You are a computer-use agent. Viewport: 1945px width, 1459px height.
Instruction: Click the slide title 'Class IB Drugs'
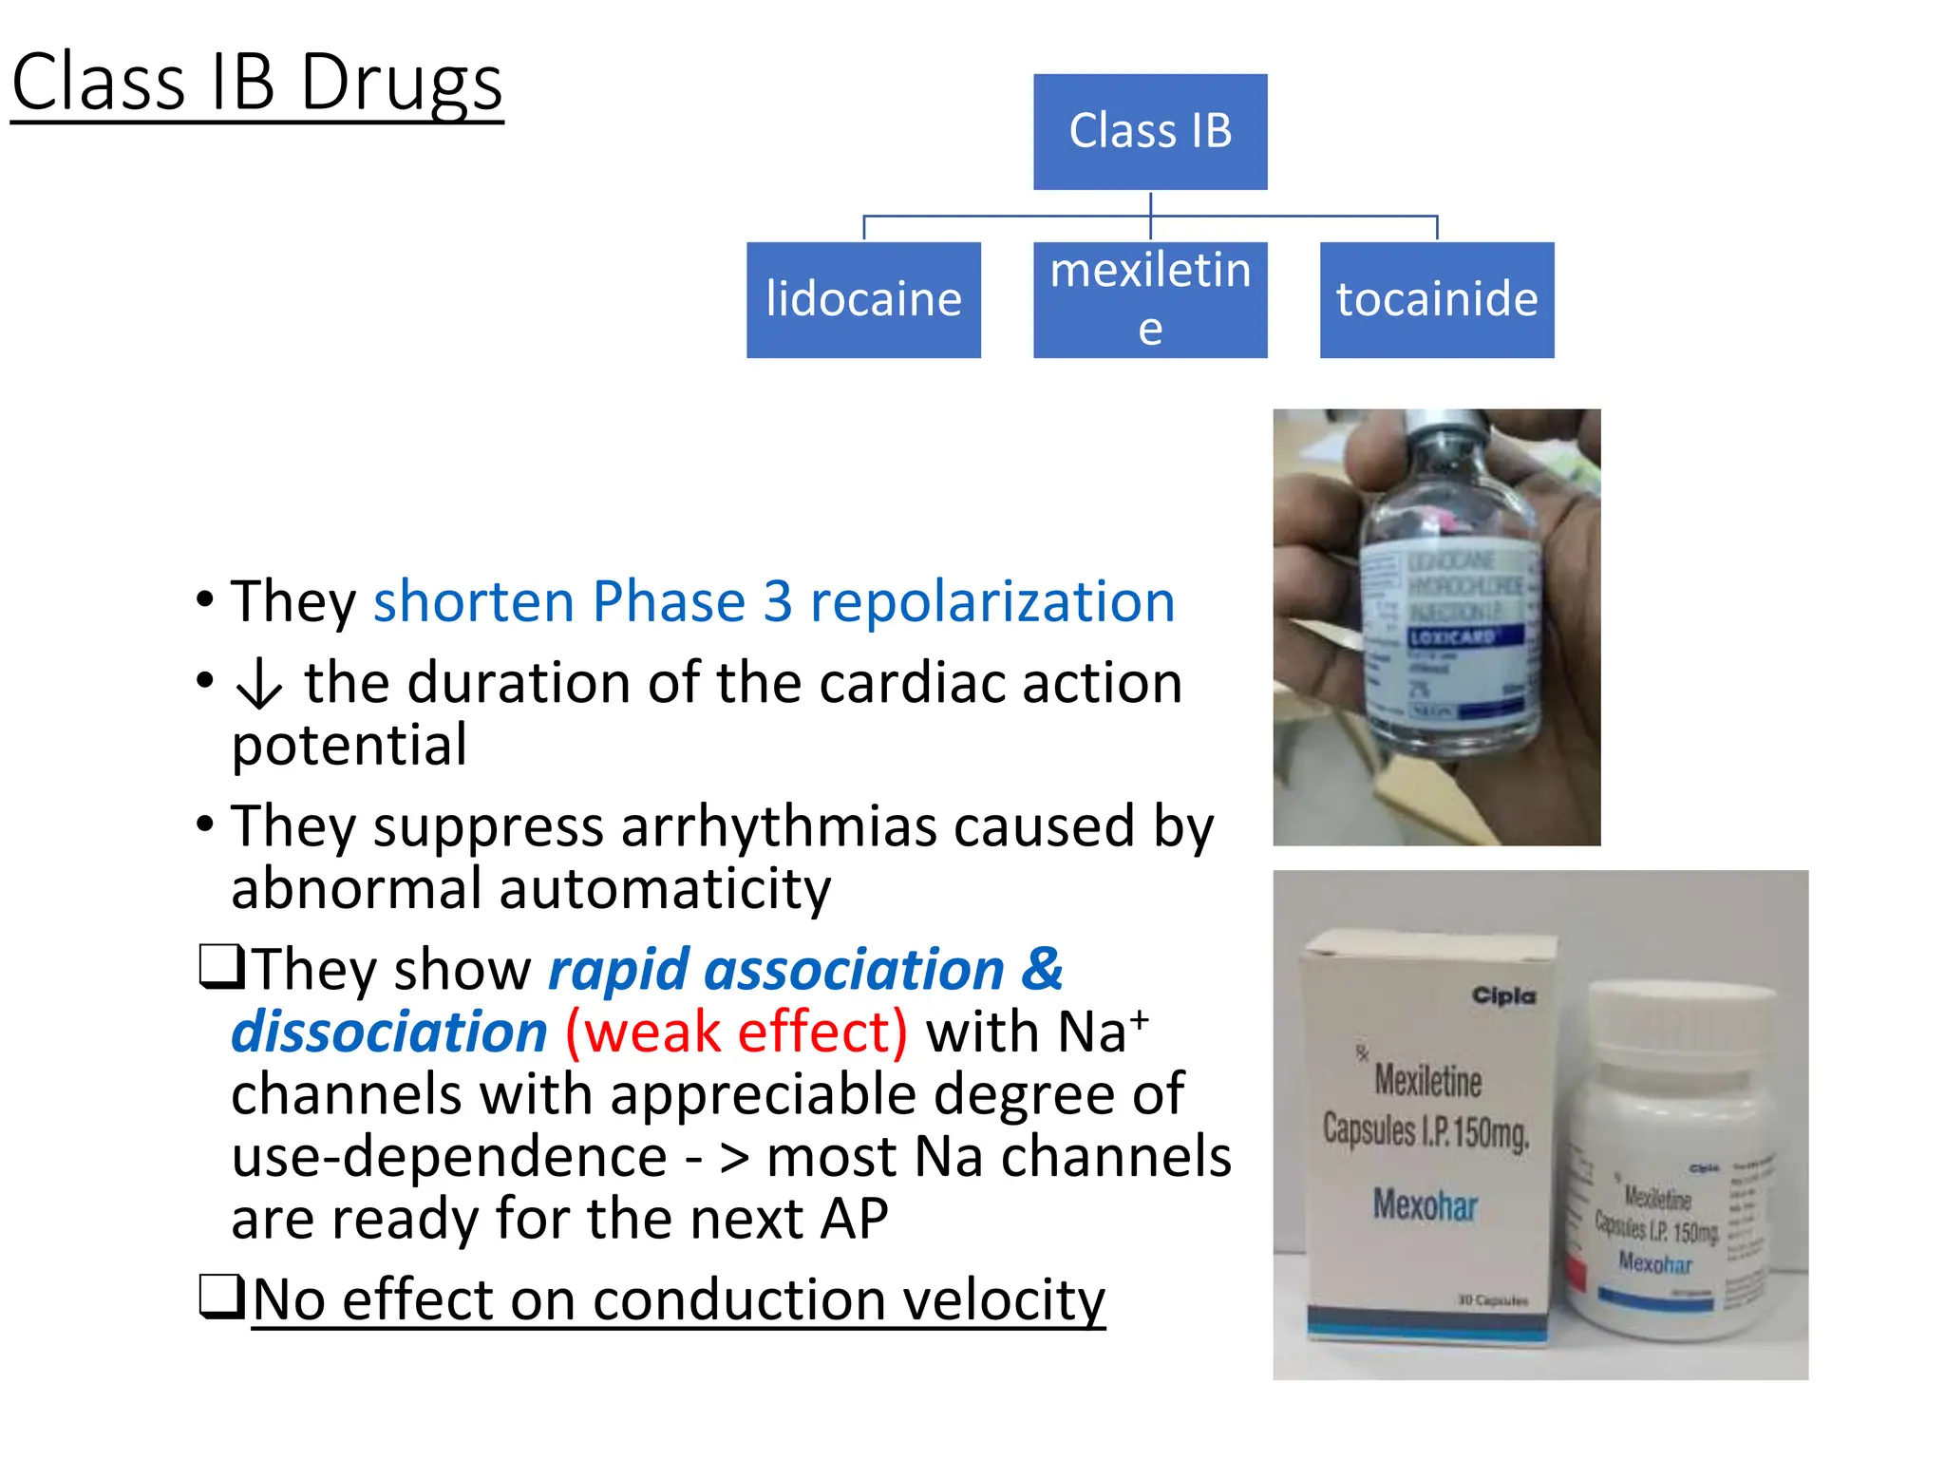pos(256,84)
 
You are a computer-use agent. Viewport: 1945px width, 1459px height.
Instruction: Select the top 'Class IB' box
pos(1149,131)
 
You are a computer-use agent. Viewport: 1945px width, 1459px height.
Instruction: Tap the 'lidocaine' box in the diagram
pos(863,299)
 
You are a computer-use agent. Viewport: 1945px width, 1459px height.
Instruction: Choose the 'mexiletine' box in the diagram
pos(1149,299)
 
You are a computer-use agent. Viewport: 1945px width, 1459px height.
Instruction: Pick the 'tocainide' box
pos(1436,299)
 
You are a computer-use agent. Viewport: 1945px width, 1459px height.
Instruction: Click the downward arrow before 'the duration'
pos(258,684)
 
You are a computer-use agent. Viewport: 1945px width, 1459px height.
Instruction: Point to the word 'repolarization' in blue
pos(991,602)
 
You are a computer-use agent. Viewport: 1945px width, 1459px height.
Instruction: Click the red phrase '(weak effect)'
pos(736,1033)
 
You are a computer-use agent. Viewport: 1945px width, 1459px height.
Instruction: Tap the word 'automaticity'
pos(664,890)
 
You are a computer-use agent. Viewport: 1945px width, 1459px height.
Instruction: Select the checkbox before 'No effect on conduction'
pos(221,1297)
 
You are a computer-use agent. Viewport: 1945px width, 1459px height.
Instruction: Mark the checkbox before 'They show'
pos(221,967)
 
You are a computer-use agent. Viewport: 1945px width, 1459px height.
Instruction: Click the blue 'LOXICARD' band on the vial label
pos(1453,636)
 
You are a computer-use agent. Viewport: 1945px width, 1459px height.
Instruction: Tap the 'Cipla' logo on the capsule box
pos(1503,995)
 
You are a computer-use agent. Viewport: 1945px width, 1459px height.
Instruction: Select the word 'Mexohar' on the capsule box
pos(1426,1206)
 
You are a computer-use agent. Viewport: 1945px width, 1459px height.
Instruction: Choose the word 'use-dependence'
pos(449,1158)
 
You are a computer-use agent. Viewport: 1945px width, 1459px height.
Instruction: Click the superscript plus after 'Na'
pos(1139,1018)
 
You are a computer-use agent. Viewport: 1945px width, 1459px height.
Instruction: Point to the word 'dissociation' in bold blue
pos(389,1033)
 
